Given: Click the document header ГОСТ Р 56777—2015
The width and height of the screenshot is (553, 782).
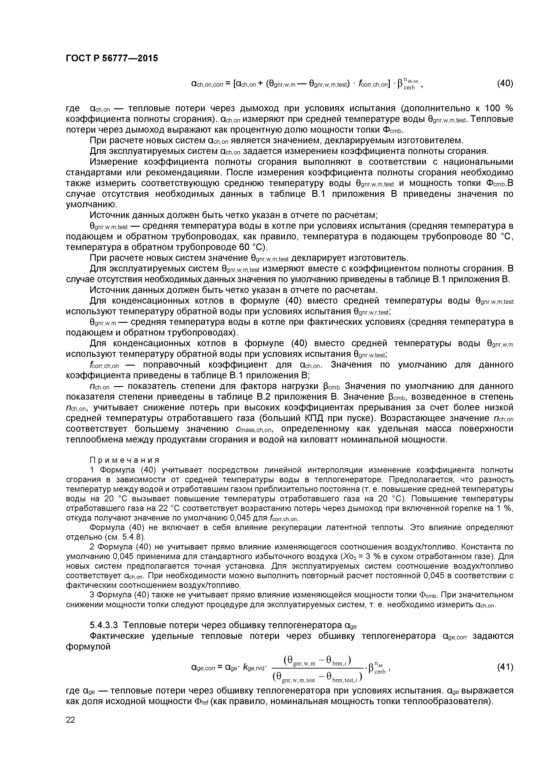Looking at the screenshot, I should (112, 59).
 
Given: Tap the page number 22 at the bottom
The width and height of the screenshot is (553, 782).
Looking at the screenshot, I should (70, 720).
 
